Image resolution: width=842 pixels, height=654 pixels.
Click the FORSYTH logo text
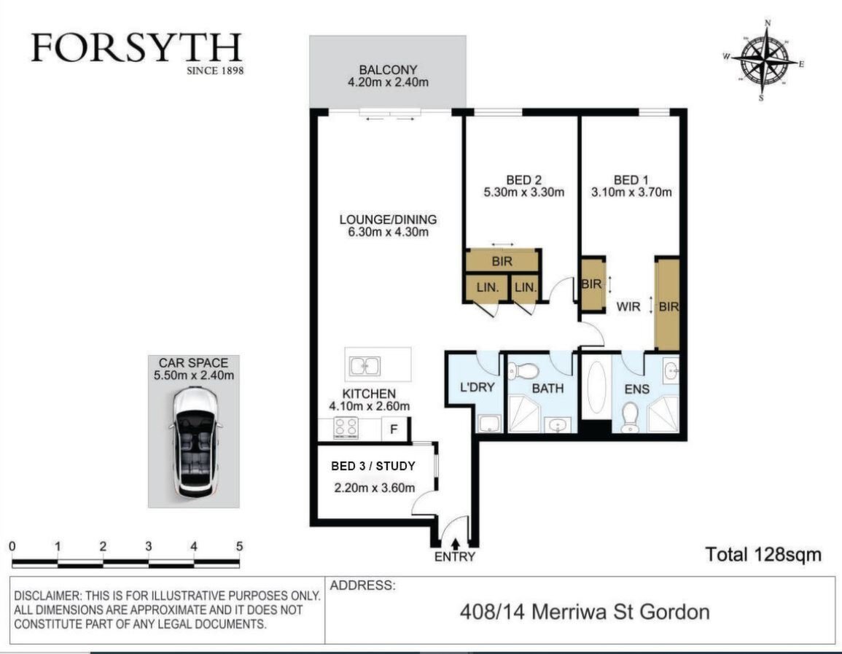pos(137,48)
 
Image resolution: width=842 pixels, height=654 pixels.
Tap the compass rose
pos(764,60)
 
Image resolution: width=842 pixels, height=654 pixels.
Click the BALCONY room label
pos(388,70)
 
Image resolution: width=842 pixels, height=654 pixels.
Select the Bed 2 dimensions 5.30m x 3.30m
pos(523,192)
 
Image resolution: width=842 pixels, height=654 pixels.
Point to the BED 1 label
pos(631,180)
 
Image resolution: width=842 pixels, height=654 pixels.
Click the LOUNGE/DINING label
pos(388,219)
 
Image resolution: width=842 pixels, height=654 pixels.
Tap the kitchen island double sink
pos(365,366)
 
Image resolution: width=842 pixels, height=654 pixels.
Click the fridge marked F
pos(394,429)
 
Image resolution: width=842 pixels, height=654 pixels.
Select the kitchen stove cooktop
pos(346,428)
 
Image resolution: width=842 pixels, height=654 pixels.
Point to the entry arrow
pos(456,544)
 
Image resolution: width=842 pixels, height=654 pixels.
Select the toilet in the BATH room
pos(523,370)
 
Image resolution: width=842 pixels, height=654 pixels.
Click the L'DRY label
pos(477,387)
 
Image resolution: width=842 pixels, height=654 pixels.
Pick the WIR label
pos(628,307)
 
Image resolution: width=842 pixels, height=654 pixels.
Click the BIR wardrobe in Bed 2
pos(502,261)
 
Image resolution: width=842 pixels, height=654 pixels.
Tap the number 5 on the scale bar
pos(240,546)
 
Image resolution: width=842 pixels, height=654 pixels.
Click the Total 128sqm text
pos(763,554)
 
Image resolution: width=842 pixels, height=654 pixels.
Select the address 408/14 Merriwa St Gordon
pos(585,612)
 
